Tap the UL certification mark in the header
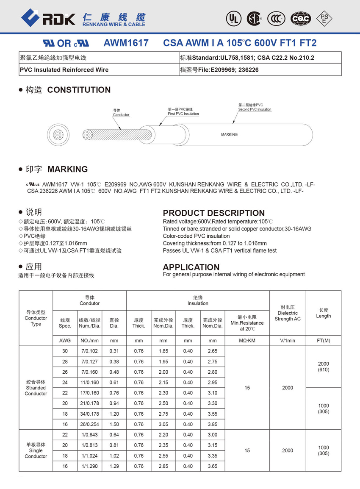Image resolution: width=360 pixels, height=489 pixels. coord(233,18)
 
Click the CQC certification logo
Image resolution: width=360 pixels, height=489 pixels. coord(301,18)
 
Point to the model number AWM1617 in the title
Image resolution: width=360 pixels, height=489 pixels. coord(126,43)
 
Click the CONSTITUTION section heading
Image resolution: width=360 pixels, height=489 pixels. coord(79,90)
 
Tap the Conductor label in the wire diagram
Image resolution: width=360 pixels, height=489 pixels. coord(121,113)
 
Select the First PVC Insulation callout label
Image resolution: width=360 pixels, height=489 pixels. coord(183,112)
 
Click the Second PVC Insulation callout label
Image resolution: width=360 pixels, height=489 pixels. coord(255,107)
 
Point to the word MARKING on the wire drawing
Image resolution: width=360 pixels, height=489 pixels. coord(229,134)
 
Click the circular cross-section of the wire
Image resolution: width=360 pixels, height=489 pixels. coord(56,135)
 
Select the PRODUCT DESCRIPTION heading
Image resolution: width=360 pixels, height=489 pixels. coord(213,213)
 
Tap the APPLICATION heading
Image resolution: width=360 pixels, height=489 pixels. coord(191,267)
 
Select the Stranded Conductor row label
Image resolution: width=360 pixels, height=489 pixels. coord(36,388)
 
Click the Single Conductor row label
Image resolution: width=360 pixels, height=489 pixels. coord(36,450)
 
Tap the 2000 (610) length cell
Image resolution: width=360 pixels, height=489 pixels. coord(323,367)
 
